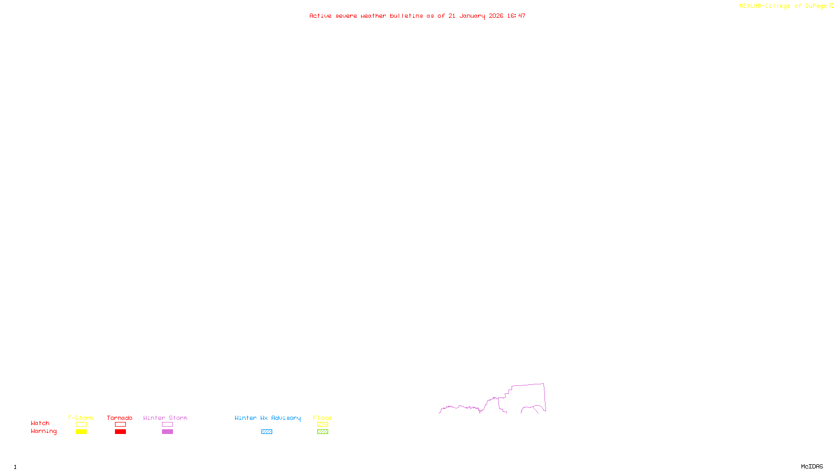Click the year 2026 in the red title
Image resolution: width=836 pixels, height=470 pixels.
click(496, 16)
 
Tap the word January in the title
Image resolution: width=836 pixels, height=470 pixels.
click(472, 16)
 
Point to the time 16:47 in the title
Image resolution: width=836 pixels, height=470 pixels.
click(516, 16)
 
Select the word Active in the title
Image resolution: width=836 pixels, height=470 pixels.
click(320, 16)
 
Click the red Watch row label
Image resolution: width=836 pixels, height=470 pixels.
click(40, 423)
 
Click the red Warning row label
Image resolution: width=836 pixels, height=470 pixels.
click(43, 431)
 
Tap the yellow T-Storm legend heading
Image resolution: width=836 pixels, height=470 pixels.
click(80, 418)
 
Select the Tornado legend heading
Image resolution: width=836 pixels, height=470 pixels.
click(120, 418)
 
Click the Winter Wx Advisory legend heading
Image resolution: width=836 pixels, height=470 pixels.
click(268, 418)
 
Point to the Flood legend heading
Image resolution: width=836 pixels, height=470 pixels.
click(322, 418)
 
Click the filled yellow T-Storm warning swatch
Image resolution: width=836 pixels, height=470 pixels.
click(81, 432)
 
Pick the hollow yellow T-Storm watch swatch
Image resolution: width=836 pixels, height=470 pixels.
click(81, 425)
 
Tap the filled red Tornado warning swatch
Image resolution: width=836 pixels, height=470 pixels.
click(120, 432)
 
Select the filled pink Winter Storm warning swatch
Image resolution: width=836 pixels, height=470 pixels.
click(167, 432)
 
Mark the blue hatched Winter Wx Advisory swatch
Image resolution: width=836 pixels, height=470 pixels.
click(266, 432)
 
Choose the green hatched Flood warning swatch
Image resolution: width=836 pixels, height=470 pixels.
click(322, 432)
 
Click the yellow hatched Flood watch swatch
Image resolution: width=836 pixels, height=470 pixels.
click(322, 425)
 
